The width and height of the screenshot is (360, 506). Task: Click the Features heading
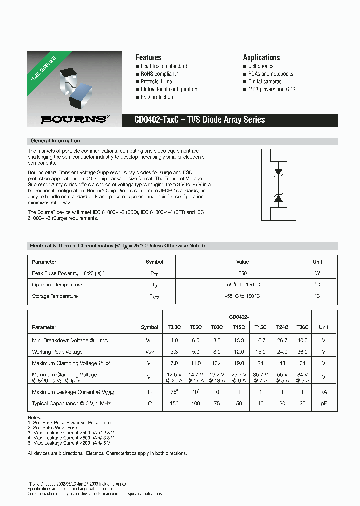coord(148,57)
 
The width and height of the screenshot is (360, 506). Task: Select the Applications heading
coord(261,57)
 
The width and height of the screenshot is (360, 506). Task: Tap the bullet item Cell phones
coord(261,66)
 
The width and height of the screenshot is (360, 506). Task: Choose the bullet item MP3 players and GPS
coord(272,89)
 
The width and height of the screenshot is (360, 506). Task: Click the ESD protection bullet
coord(157,97)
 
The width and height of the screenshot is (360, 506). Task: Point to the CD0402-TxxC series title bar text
coord(200,120)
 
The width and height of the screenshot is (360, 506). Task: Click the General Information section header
coord(55,141)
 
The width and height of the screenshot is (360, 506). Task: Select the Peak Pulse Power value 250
coord(242,273)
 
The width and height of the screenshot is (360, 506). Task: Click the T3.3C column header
coord(174,327)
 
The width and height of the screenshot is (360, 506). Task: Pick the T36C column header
coord(303,327)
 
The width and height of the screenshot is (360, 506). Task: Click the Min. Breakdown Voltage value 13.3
coord(239,340)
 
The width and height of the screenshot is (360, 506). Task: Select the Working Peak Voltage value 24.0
coord(282,352)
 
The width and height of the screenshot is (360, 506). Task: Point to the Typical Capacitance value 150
coord(174,403)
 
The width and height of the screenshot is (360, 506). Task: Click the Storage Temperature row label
coord(55,296)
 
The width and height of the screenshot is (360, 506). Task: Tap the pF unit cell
coord(324,403)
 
